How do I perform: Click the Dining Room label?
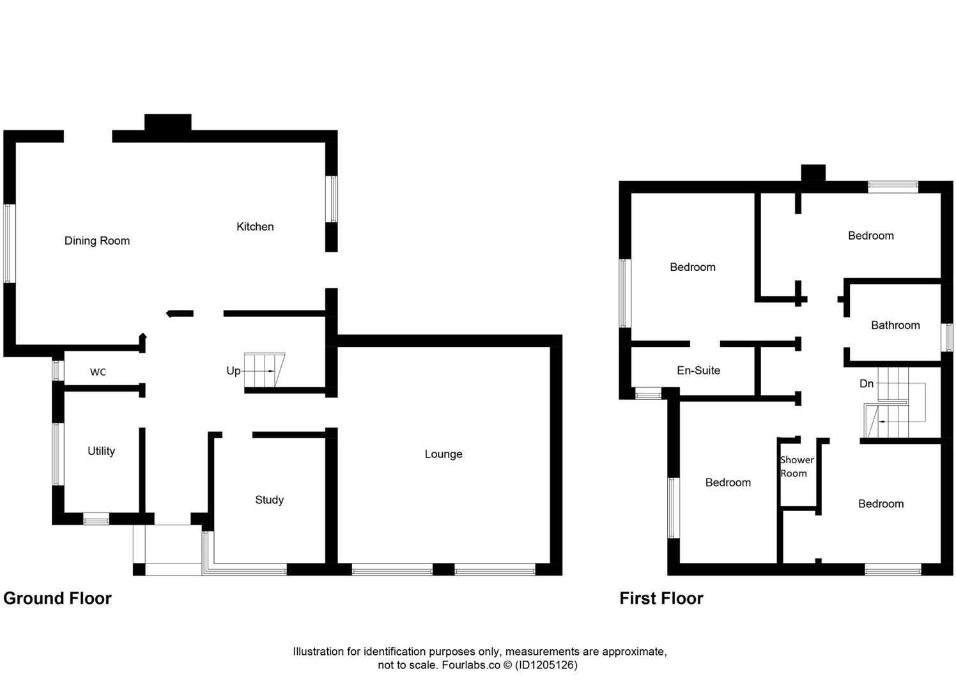click(x=97, y=241)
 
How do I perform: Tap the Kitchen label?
click(x=255, y=227)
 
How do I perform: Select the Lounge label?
click(x=443, y=454)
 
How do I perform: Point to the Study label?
click(x=269, y=500)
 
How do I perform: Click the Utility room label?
click(x=101, y=451)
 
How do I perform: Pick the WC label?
click(x=98, y=372)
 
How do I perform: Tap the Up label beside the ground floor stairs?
click(x=233, y=371)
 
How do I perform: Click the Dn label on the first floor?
click(x=867, y=383)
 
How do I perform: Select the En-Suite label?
click(x=698, y=371)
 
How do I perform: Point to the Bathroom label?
click(x=895, y=325)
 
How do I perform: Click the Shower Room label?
click(x=796, y=466)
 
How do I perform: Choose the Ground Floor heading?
click(x=58, y=599)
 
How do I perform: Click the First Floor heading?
click(x=661, y=599)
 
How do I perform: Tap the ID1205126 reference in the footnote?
click(x=546, y=665)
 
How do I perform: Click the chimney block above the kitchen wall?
click(x=167, y=123)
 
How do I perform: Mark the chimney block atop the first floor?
click(x=813, y=173)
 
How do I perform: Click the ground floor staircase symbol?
click(x=265, y=371)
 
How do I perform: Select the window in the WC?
click(x=58, y=371)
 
